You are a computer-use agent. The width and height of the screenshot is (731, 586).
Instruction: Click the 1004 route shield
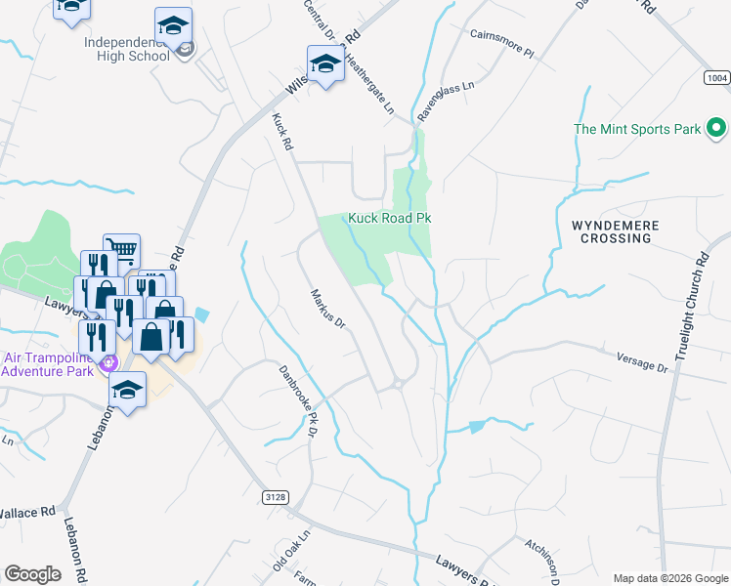click(x=715, y=77)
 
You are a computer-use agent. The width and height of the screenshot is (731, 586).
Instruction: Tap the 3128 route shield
click(x=277, y=497)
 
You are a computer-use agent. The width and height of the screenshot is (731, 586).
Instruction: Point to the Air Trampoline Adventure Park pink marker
click(x=110, y=361)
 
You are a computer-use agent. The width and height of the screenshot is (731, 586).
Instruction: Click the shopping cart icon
click(x=121, y=251)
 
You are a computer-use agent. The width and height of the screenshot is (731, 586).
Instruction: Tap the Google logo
click(x=33, y=574)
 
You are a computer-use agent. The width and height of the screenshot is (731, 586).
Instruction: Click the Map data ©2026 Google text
click(x=669, y=578)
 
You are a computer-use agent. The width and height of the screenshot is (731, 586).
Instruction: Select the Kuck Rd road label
click(x=281, y=131)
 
